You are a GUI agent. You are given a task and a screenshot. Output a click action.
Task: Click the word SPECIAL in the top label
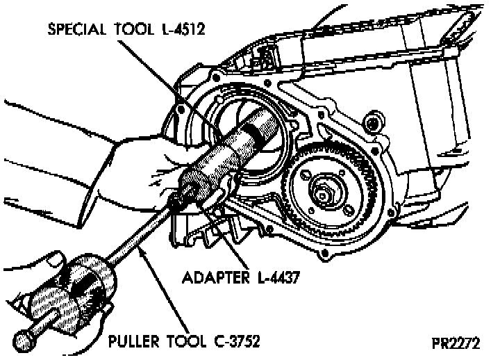[x=76, y=30]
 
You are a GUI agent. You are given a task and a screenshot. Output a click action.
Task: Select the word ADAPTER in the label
[x=212, y=277]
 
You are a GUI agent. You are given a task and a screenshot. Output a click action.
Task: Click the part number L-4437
[x=278, y=277]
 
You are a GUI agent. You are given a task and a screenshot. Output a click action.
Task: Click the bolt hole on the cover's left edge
[x=182, y=109]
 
